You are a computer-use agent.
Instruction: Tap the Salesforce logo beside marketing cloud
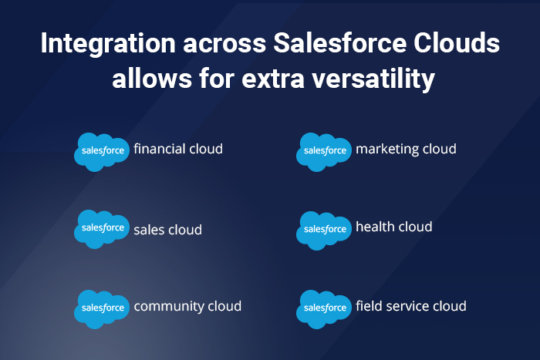(325, 150)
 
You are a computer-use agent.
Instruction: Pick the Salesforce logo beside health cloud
(325, 228)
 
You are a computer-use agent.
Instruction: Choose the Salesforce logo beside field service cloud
(325, 308)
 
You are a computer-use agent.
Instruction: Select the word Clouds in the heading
(456, 45)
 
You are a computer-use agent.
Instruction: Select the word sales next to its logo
(148, 230)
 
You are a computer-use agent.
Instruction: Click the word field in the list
(367, 305)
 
